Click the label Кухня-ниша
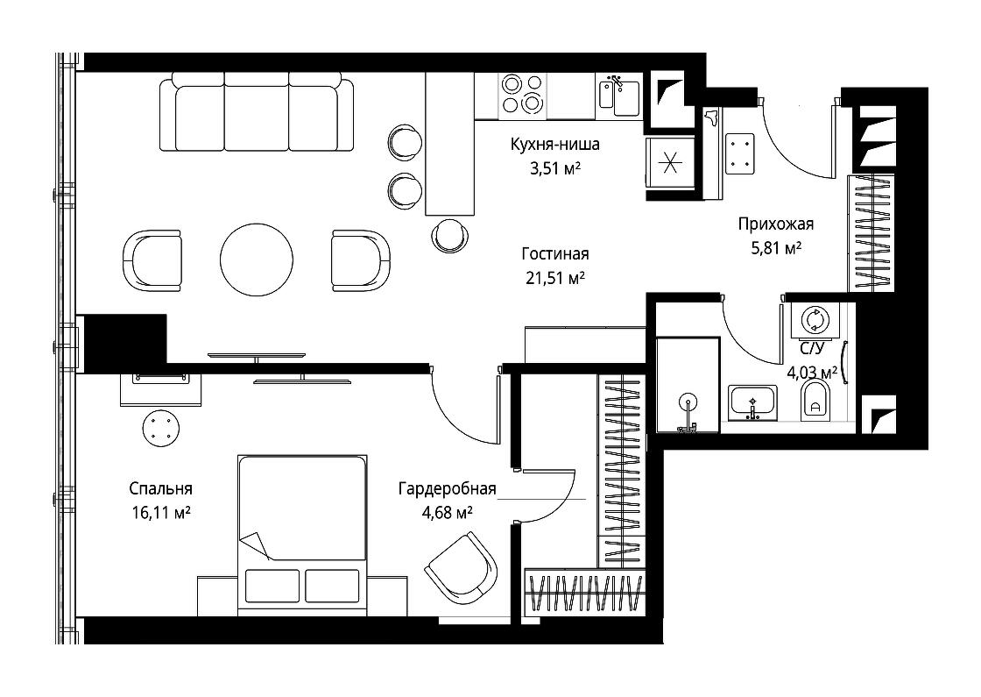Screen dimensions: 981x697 tap(555, 145)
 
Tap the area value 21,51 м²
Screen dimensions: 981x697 tap(555, 277)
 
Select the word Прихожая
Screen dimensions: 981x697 tap(776, 224)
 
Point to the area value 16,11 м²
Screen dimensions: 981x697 tap(161, 513)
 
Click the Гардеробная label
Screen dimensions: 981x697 tap(448, 489)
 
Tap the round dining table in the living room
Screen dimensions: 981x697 tap(257, 260)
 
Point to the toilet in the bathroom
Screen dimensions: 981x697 tap(815, 401)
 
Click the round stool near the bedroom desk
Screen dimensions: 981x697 tap(163, 429)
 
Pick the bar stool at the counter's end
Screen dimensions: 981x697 tap(450, 235)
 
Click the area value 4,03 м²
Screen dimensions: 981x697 tap(812, 373)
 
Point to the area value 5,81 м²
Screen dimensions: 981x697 tap(776, 248)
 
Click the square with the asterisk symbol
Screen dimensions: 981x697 tap(670, 163)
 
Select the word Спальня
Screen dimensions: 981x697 tap(161, 489)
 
